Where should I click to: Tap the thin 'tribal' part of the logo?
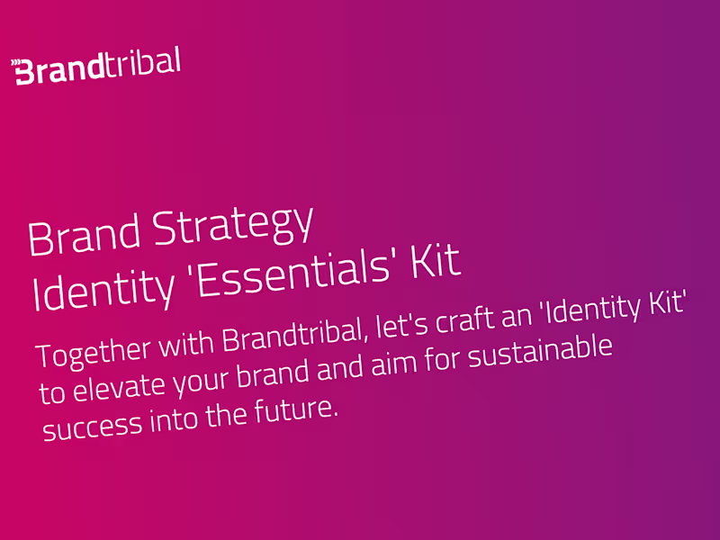[149, 64]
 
